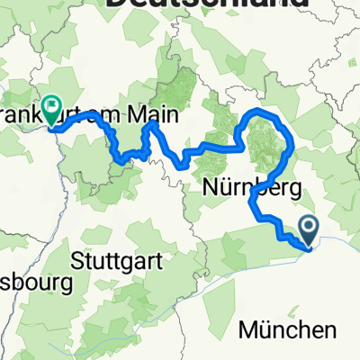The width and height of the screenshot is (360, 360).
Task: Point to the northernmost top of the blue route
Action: click(x=262, y=109)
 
